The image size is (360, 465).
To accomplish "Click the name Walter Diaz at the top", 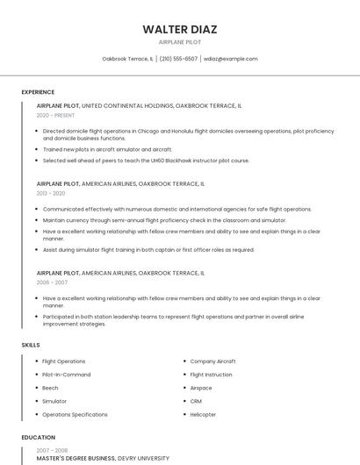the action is point(180,29).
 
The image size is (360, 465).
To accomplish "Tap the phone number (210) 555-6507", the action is point(178,59).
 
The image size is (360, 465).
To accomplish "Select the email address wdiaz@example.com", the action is point(230,59).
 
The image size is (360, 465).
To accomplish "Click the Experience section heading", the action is point(38,92).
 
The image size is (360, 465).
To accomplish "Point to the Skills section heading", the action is point(31,345).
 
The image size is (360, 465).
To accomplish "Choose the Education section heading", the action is point(38,437).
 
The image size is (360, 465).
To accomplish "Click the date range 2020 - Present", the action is point(55,115).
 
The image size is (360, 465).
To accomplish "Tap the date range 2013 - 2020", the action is point(51,193).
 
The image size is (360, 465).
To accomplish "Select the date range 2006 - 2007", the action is point(52,283).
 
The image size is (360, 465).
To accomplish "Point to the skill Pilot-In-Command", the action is point(66,375).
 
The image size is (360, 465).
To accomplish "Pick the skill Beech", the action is point(50,388).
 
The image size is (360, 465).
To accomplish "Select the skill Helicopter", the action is point(203,414).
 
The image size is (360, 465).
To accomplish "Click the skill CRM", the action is point(197,401).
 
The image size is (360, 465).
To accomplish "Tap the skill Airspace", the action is point(201,388).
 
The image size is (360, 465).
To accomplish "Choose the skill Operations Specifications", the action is point(75,414).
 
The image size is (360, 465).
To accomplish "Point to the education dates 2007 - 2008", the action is point(52,449).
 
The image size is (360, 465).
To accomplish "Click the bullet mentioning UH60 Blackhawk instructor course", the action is point(146,161).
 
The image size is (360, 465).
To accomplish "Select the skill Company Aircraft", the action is point(212,361).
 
